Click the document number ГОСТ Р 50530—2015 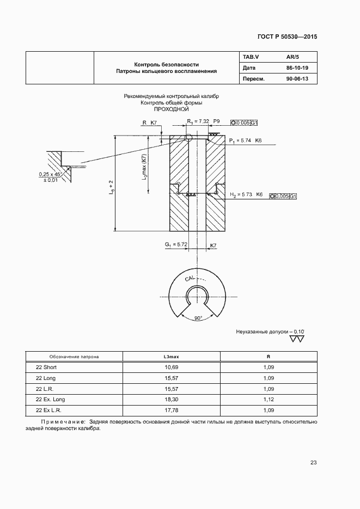pyautogui.click(x=286, y=38)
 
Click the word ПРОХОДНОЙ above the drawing pyautogui.click(x=171, y=109)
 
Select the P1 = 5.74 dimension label pyautogui.click(x=241, y=140)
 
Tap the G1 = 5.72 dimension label pyautogui.click(x=176, y=245)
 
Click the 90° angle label pyautogui.click(x=198, y=317)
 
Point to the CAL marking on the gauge pyautogui.click(x=190, y=279)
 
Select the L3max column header pyautogui.click(x=171, y=357)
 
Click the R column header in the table pyautogui.click(x=268, y=357)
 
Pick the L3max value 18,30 pyautogui.click(x=171, y=400)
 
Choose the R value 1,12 pyautogui.click(x=268, y=400)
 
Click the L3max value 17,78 pyautogui.click(x=171, y=410)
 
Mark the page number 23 pyautogui.click(x=313, y=463)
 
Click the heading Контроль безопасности pyautogui.click(x=166, y=64)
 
